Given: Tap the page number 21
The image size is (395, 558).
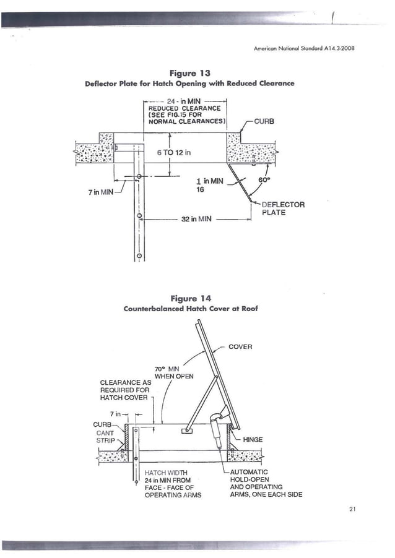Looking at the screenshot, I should pos(352,509).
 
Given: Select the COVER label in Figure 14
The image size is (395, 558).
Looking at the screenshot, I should pos(240,346).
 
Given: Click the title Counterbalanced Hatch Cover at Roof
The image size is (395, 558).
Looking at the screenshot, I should pos(191,307).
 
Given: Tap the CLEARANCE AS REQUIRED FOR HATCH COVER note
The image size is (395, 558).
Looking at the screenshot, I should pos(126,390).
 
